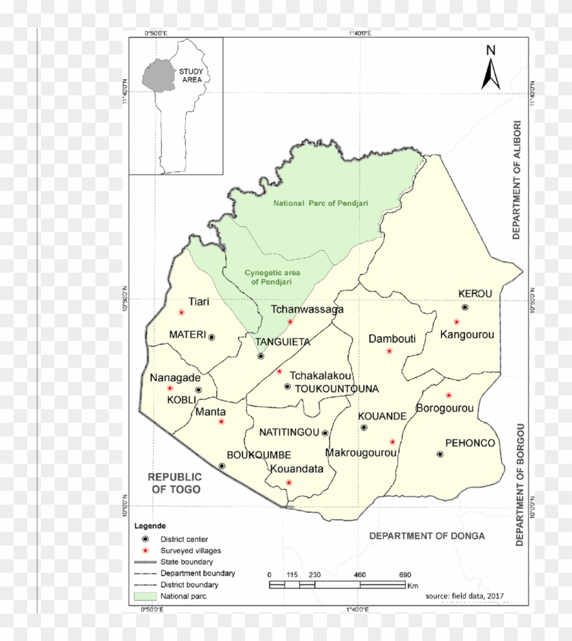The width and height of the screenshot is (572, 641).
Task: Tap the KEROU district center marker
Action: coord(465,308)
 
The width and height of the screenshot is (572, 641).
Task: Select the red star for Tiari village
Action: coord(182,312)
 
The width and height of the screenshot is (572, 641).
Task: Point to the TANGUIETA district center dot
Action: coord(261,356)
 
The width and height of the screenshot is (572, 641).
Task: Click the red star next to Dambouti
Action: coord(390,351)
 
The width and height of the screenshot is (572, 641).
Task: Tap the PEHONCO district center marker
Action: coord(440,454)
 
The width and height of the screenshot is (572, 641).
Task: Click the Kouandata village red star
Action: coord(289,483)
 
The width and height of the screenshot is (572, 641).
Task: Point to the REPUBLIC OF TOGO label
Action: coord(175,483)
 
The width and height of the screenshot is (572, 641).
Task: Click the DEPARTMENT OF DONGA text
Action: coord(427,536)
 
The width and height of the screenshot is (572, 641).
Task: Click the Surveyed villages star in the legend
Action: coord(145,550)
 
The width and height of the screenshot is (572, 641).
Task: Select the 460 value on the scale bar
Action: coord(360,575)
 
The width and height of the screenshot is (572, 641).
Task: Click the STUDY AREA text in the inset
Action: coord(192,75)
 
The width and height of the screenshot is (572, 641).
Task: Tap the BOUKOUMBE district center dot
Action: coord(222,466)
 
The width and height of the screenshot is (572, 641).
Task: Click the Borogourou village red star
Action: coord(449,396)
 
